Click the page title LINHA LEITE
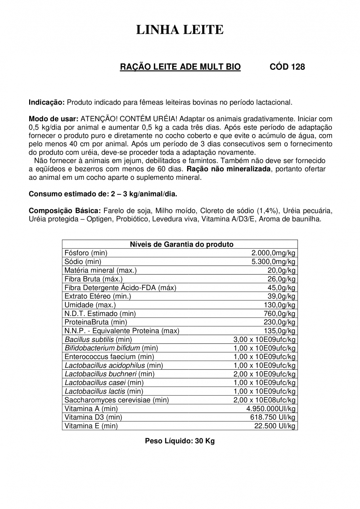click(x=180, y=30)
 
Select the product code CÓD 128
click(x=287, y=67)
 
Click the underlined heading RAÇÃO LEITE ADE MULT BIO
click(x=180, y=67)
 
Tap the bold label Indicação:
click(x=46, y=102)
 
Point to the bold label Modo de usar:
click(x=53, y=119)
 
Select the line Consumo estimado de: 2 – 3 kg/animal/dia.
click(x=103, y=194)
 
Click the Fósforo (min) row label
click(x=86, y=253)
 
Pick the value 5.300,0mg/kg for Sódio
click(x=273, y=262)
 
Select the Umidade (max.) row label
click(x=90, y=305)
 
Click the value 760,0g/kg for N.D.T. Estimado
click(x=279, y=314)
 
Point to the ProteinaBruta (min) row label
click(x=96, y=322)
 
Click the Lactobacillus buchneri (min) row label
click(x=109, y=374)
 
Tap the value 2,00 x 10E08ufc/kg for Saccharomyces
click(x=264, y=400)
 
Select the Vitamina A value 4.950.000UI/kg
click(x=271, y=409)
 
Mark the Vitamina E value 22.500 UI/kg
click(x=275, y=426)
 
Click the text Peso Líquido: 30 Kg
click(x=180, y=441)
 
